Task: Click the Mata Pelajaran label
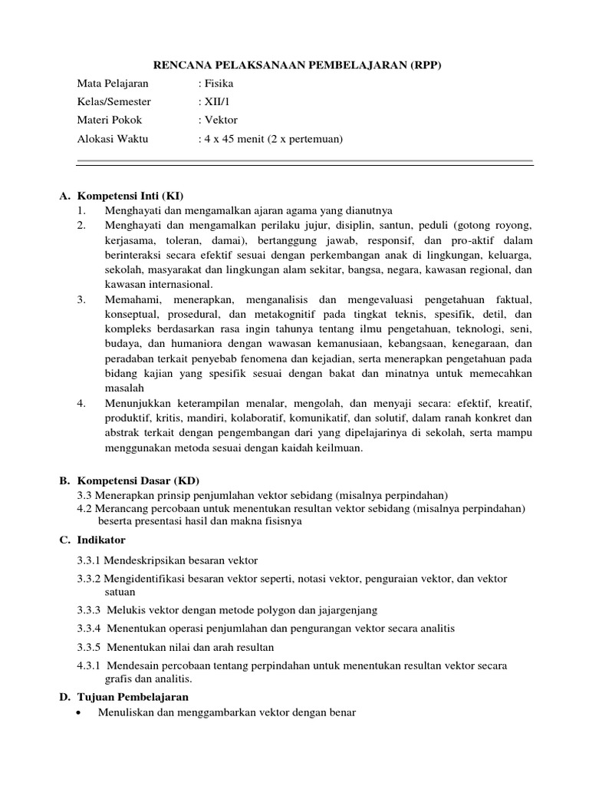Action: click(114, 83)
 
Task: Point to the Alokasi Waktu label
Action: click(113, 139)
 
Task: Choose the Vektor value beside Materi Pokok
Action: click(221, 120)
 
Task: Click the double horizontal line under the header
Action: click(304, 162)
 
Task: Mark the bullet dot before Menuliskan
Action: click(81, 713)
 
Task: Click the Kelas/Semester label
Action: click(114, 101)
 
